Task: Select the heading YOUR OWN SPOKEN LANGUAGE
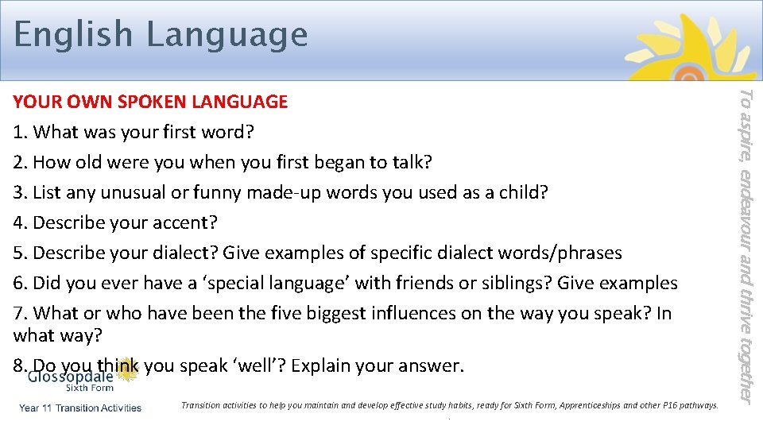tap(150, 102)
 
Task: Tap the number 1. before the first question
tap(21, 132)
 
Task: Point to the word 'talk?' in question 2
tap(411, 162)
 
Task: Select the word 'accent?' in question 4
tap(185, 222)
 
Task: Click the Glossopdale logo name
tap(71, 376)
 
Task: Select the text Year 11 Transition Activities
tap(80, 408)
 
